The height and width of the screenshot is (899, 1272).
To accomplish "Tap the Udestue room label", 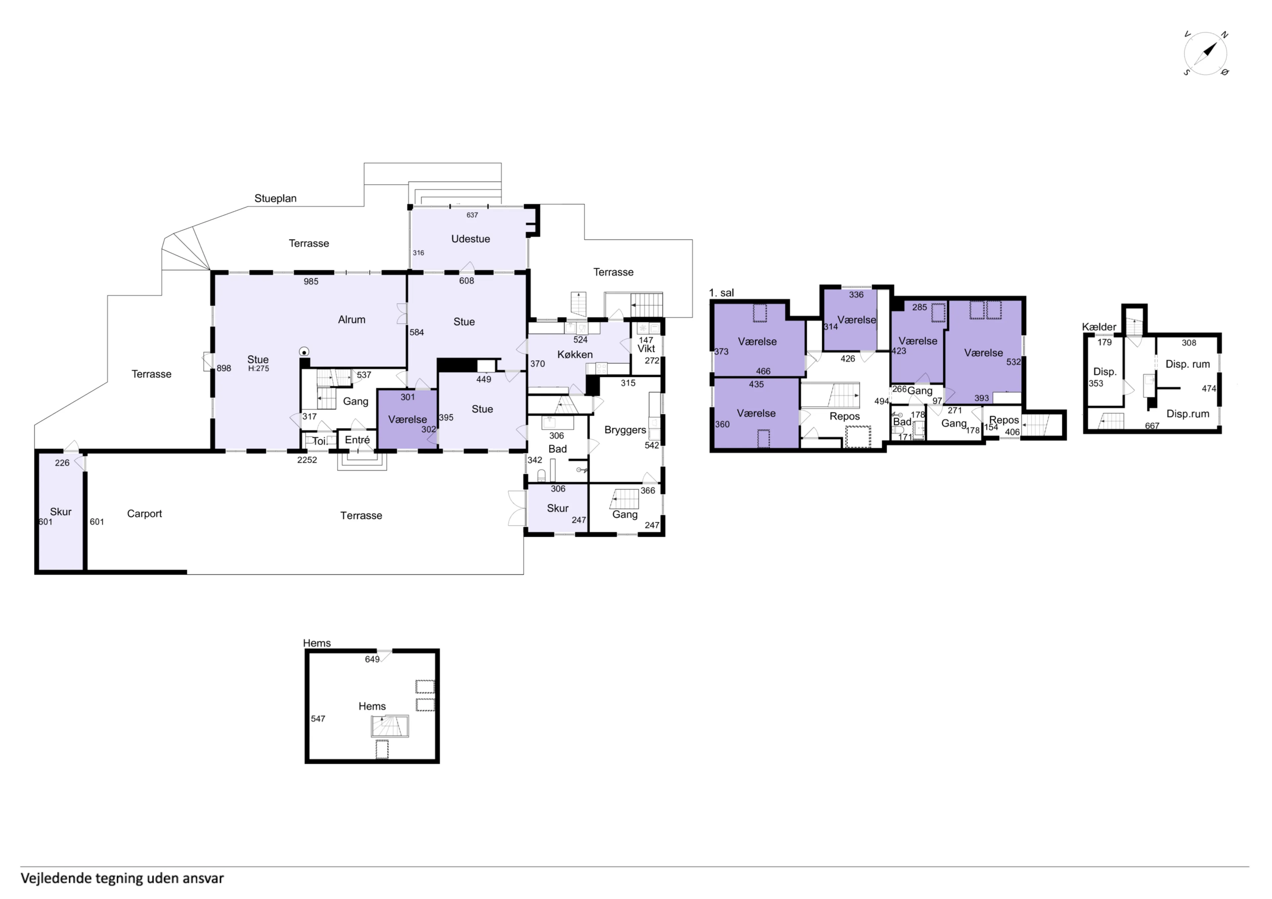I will point(470,239).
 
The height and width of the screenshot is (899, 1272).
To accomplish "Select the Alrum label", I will point(352,320).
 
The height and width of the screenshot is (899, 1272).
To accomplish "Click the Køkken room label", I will point(574,355).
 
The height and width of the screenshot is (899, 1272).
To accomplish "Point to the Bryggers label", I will point(625,430).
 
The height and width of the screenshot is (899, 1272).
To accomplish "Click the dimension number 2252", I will point(307,460).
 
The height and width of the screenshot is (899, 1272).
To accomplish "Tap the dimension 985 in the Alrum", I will point(311,281).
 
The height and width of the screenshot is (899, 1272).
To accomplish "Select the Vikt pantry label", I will point(646,348).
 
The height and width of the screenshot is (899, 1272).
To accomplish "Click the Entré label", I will point(357,440).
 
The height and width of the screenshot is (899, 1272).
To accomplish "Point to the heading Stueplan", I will point(275,198).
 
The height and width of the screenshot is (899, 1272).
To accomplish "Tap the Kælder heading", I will point(1099,327).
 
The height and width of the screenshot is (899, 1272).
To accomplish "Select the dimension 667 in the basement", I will point(1152,426).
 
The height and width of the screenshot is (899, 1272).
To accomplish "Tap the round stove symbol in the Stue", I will point(304,351).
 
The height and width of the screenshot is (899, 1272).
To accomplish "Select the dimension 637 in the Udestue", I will point(472,215).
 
